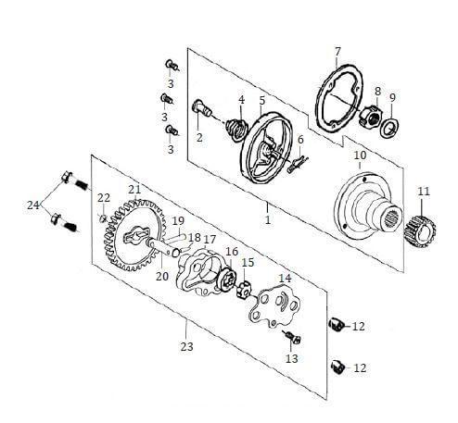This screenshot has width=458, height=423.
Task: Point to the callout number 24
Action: pyautogui.click(x=33, y=204)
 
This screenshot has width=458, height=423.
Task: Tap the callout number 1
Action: pyautogui.click(x=268, y=221)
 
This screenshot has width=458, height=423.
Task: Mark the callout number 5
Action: pyautogui.click(x=263, y=100)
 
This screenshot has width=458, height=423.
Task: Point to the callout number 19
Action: pyautogui.click(x=179, y=220)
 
